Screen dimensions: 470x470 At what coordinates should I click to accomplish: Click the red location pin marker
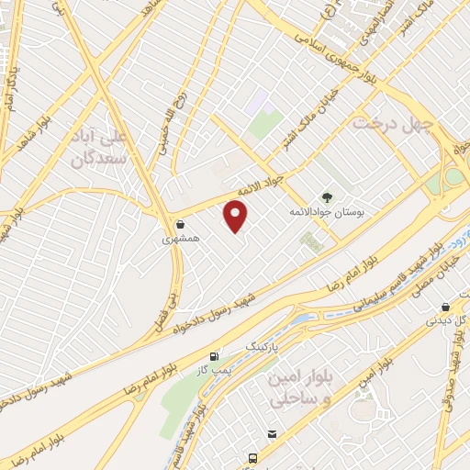(x=237, y=216)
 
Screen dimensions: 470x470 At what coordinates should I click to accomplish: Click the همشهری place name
(x=181, y=239)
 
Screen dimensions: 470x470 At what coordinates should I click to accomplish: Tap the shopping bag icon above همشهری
(x=180, y=223)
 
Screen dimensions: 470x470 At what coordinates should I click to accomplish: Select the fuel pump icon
(x=215, y=355)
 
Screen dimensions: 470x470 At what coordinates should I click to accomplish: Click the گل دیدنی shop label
(x=444, y=322)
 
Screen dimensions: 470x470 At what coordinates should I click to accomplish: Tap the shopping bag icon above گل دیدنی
(x=446, y=307)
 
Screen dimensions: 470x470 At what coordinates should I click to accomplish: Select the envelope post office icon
(x=272, y=433)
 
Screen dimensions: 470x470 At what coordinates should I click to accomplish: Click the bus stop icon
(x=251, y=457)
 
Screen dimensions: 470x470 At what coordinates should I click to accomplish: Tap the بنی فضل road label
(x=170, y=295)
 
